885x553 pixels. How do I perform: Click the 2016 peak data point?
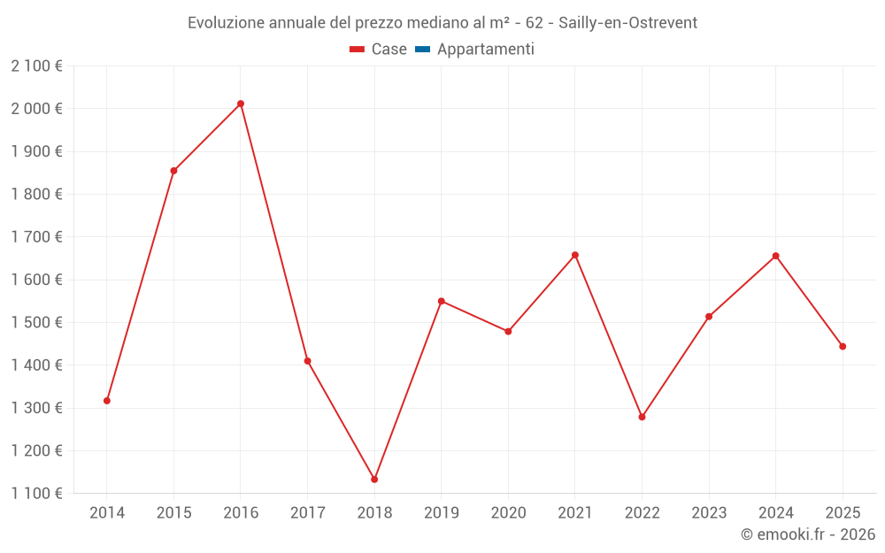click(241, 104)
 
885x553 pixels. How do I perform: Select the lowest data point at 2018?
click(374, 480)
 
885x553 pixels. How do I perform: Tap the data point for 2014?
click(107, 401)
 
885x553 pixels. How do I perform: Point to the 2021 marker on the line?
click(575, 255)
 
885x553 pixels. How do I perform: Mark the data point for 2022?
click(642, 417)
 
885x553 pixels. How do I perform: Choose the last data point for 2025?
click(843, 347)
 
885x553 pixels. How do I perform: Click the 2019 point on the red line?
click(442, 301)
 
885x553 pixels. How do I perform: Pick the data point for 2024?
click(775, 256)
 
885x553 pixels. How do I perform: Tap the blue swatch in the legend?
click(422, 50)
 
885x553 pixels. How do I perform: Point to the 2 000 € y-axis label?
click(36, 109)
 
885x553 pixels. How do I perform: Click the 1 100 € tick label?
click(36, 494)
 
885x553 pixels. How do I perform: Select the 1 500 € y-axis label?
click(36, 323)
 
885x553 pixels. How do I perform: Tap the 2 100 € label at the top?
click(36, 66)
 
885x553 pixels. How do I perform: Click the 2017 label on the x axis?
click(307, 513)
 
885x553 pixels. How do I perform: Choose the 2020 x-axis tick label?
click(508, 513)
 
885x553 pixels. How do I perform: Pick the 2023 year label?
click(709, 513)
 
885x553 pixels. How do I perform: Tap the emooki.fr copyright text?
click(808, 534)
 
